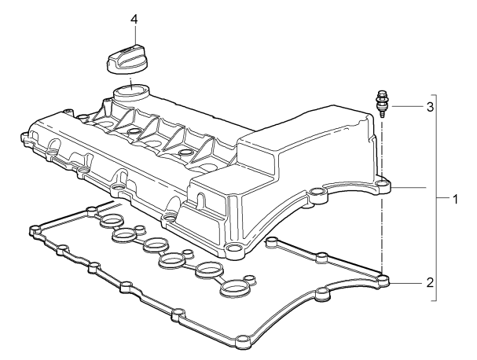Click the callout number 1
point(455,199)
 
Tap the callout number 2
point(429,281)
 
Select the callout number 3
point(430,106)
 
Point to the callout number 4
point(134,18)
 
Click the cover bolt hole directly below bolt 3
point(383,187)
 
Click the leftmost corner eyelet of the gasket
point(34,230)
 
